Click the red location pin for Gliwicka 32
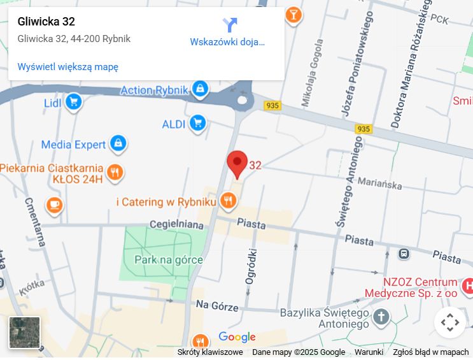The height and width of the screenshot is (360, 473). [237, 163]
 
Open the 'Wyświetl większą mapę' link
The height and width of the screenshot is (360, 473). [68, 66]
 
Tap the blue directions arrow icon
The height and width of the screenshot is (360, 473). [230, 25]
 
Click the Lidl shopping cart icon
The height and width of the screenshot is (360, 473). [73, 102]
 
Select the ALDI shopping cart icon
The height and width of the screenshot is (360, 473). [198, 123]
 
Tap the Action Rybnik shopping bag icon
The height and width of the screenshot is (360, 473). [201, 90]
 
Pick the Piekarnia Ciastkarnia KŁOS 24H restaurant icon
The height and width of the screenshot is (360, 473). [115, 172]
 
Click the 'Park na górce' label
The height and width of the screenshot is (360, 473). [169, 259]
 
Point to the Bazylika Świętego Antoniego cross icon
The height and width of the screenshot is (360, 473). [381, 316]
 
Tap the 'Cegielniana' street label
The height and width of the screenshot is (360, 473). [176, 224]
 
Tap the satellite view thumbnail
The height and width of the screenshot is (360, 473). [25, 333]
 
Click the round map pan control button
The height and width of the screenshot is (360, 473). [449, 322]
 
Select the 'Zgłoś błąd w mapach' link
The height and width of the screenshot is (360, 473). [430, 352]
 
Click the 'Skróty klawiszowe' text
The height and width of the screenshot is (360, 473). [210, 352]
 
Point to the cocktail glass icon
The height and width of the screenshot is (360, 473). [293, 14]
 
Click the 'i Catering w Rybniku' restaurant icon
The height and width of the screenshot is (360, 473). [228, 202]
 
